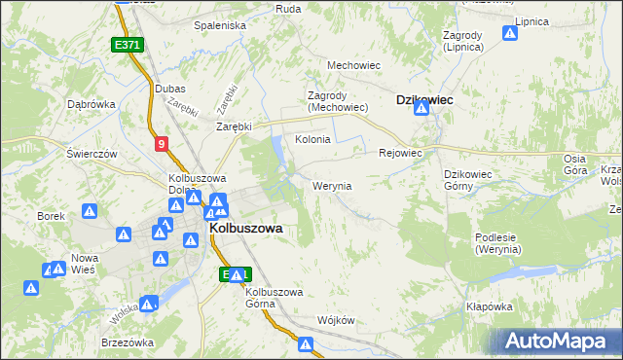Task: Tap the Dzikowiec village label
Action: tap(425, 99)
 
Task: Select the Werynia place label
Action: tap(331, 185)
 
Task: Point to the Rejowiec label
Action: tap(399, 153)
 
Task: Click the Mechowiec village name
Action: tap(352, 65)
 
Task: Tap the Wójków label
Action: tap(336, 320)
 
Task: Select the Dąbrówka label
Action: tap(92, 104)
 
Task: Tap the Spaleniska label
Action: tap(220, 25)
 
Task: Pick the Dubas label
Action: tap(170, 89)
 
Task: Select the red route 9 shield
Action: tap(162, 144)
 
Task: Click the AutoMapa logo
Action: tap(559, 341)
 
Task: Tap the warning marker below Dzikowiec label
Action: tap(421, 109)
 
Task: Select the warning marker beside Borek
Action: tap(89, 210)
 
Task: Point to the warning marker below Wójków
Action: tap(306, 343)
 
